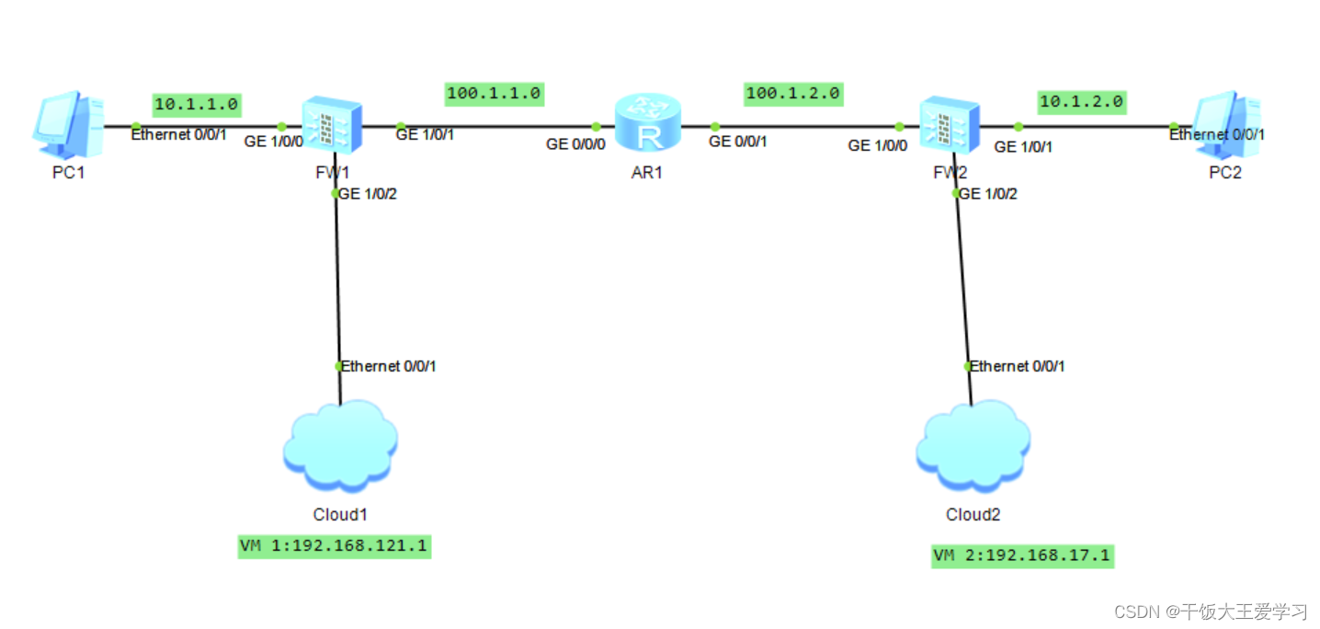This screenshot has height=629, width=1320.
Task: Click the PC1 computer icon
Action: click(68, 124)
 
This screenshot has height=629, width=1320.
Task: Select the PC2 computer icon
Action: click(1227, 124)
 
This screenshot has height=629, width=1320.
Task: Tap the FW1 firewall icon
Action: click(332, 124)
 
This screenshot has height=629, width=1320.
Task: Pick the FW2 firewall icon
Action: click(950, 124)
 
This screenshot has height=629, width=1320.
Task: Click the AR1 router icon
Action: click(648, 122)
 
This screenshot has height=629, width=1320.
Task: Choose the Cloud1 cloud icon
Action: click(341, 446)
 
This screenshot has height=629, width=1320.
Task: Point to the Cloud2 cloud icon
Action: click(973, 446)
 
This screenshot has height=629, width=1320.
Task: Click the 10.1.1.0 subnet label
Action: click(196, 105)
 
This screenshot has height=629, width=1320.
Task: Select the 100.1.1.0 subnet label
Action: click(494, 94)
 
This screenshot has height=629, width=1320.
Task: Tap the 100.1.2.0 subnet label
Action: click(793, 94)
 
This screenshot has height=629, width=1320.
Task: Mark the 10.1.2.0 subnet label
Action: click(1081, 102)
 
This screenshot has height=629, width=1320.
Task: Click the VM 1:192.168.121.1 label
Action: click(334, 546)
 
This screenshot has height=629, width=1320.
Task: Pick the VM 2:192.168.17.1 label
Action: click(1022, 556)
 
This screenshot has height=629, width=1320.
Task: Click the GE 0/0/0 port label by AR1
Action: click(575, 144)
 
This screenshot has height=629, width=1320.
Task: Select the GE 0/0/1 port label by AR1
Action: click(738, 142)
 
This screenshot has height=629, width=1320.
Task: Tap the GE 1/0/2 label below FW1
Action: click(368, 194)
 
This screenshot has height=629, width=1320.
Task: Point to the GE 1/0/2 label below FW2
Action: click(988, 194)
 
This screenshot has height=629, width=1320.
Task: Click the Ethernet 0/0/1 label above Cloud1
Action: click(388, 367)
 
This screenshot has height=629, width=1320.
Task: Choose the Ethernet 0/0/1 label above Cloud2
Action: click(1017, 367)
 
